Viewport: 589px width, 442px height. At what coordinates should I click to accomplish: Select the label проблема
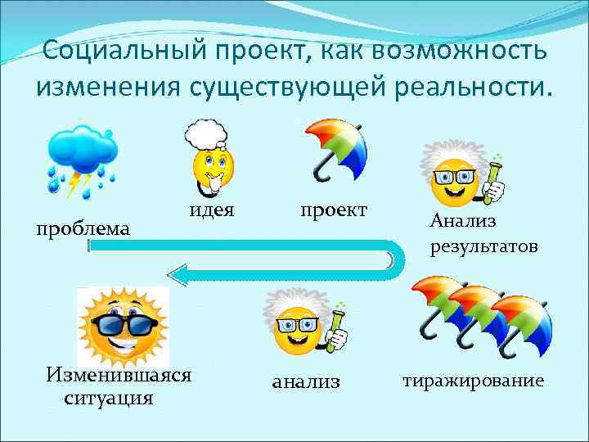(x=81, y=228)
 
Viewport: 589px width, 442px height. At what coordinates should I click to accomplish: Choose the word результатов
(x=484, y=246)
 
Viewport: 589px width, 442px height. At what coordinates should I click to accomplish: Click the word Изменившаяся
(x=119, y=375)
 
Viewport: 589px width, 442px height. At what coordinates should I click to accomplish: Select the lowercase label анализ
(x=306, y=381)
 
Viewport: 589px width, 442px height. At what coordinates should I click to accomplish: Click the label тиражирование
(x=472, y=381)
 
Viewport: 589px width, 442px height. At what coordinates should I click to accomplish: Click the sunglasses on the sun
(x=124, y=328)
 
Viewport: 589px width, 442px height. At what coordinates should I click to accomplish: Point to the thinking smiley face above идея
(x=213, y=168)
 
